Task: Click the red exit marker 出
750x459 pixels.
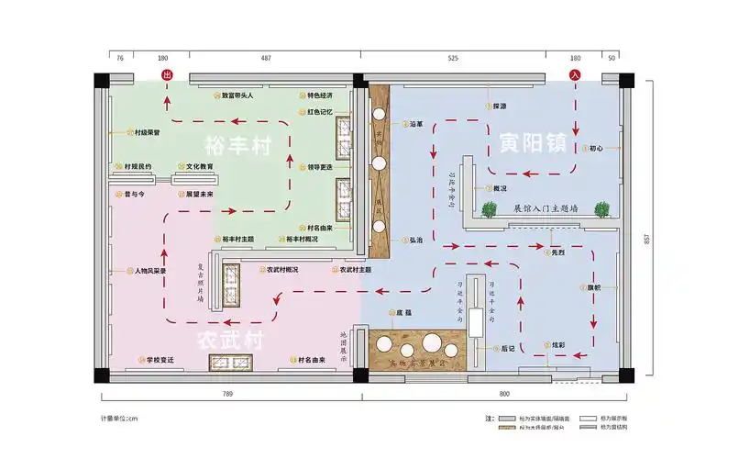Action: click(166, 74)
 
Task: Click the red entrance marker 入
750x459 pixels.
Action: click(575, 74)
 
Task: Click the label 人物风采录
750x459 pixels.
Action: click(149, 271)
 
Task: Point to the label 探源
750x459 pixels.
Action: click(499, 106)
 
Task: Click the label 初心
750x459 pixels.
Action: click(596, 147)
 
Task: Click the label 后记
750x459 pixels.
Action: click(508, 349)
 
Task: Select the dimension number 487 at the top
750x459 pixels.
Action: click(266, 58)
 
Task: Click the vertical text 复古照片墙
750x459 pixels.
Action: click(201, 285)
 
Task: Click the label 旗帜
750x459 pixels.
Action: click(590, 288)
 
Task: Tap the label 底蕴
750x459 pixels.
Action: click(403, 313)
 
